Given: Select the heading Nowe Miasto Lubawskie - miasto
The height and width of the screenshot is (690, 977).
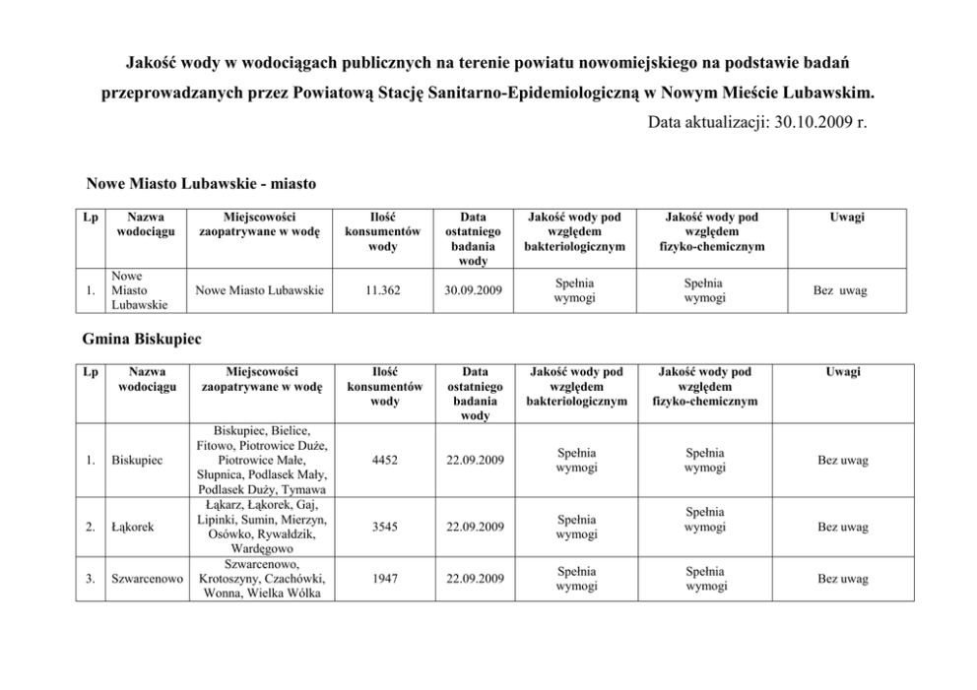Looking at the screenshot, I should [x=201, y=184].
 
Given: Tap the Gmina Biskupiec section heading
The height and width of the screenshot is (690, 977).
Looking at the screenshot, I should [x=144, y=339].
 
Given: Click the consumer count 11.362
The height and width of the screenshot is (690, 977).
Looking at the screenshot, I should [x=376, y=291].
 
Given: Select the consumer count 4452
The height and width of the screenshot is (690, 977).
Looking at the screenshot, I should [x=386, y=460].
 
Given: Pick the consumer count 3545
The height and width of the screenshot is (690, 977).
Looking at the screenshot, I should [x=386, y=527].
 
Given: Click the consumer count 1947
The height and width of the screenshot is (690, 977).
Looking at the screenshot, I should [x=386, y=579].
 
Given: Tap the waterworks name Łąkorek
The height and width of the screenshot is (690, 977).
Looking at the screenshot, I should [x=132, y=527].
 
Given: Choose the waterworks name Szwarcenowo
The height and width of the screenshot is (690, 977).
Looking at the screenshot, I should [x=148, y=579].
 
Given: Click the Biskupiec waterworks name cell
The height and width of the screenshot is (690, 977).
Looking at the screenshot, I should [x=136, y=460].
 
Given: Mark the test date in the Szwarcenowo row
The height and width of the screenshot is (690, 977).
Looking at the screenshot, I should [x=475, y=579].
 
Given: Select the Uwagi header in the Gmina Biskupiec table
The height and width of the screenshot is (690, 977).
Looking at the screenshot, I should [x=843, y=372].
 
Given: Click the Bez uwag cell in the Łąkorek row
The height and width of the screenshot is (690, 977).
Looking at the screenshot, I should [x=843, y=527].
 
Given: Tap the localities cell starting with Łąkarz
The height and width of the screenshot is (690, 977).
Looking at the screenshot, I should [x=262, y=527].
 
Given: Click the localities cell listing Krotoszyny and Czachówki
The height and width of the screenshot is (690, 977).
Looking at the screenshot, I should [x=262, y=579].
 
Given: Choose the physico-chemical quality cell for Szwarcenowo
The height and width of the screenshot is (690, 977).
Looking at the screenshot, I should [x=705, y=579].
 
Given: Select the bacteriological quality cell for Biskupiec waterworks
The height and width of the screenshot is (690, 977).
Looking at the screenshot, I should [x=576, y=460].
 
